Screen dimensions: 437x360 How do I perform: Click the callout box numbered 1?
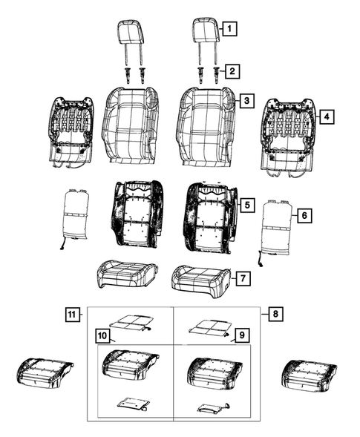click(x=231, y=30)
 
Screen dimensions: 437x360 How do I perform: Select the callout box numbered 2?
click(x=232, y=71)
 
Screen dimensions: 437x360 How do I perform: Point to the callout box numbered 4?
click(x=324, y=116)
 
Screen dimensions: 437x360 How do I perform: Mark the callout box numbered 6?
click(x=303, y=215)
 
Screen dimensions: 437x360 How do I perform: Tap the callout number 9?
click(x=240, y=336)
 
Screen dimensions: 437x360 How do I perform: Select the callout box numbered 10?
click(x=100, y=336)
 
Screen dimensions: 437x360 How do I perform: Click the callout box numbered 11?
click(x=71, y=314)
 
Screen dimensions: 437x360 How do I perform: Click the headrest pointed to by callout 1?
click(x=206, y=32)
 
